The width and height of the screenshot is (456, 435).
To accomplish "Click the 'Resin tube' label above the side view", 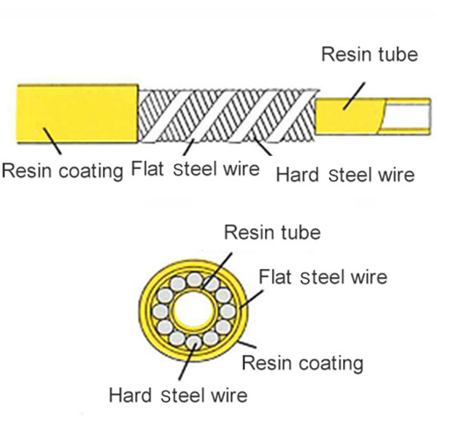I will [370, 55].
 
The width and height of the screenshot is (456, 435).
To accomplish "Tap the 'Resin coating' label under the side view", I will [62, 171].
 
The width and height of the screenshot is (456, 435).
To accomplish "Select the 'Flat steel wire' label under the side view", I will [195, 170].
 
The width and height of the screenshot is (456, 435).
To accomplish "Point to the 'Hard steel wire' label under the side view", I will [344, 175].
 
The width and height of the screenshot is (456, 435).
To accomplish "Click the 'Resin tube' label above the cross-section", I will [271, 233].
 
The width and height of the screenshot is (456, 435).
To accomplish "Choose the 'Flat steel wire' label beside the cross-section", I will [323, 277].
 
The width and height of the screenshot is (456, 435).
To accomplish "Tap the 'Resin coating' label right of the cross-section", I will [302, 362].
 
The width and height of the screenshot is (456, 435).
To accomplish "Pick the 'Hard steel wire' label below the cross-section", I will [178, 396].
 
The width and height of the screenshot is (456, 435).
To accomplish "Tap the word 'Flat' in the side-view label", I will [146, 170].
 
